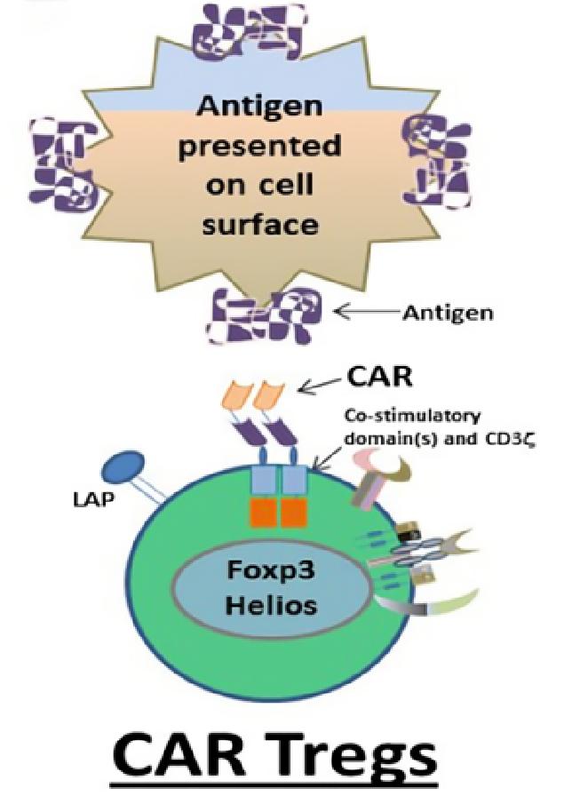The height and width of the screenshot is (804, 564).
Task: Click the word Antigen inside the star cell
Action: (x=258, y=106)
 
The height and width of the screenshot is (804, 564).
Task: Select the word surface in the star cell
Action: (x=258, y=223)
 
